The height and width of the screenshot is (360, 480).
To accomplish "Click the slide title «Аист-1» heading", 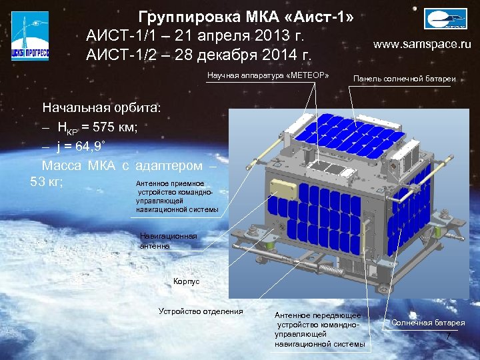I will tap(245, 17).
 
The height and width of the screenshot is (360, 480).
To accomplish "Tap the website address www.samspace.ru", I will tap(422, 45).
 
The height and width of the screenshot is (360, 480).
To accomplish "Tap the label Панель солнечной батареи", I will tap(404, 79).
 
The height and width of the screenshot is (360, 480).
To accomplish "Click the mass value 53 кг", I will tap(47, 181).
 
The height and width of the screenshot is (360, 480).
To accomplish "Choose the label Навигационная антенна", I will tap(168, 241).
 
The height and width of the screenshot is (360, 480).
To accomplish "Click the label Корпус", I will tap(186, 282).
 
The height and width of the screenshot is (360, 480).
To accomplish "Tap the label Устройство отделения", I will tap(201, 311).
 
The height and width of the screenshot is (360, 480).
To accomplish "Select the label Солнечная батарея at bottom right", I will tap(428, 323).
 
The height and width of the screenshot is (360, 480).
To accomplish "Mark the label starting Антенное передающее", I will tap(319, 329).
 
